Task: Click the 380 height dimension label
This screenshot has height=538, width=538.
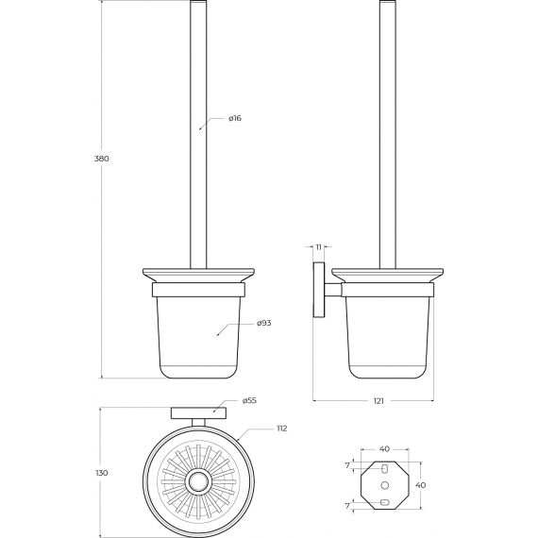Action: (102, 159)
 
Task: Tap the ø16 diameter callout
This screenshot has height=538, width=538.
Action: (235, 118)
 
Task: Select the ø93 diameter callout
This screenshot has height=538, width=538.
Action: (264, 323)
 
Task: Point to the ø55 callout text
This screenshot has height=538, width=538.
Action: (249, 400)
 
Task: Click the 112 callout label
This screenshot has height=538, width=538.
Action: (281, 429)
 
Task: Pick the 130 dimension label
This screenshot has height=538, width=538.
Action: (102, 473)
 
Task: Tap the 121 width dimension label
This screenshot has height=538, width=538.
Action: (378, 401)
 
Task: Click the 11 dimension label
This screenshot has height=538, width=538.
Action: (319, 247)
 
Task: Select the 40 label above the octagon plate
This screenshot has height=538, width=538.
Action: (385, 448)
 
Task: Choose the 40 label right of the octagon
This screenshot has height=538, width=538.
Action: (421, 485)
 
